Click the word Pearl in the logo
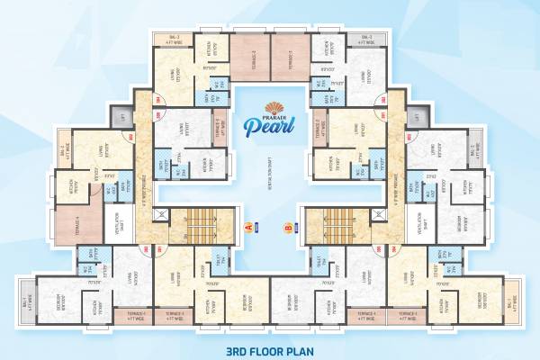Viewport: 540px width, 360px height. (x=267, y=130)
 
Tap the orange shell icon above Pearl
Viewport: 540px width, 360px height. (x=268, y=107)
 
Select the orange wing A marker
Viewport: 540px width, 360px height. (x=251, y=228)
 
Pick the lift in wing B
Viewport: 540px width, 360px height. (x=417, y=116)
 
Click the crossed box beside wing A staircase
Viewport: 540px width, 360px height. (x=160, y=214)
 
